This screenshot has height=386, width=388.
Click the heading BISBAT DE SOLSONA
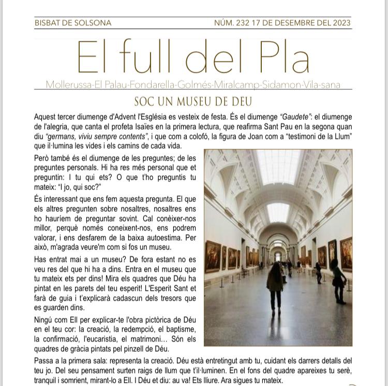coord(73,23)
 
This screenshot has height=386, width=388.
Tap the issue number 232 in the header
coord(243,23)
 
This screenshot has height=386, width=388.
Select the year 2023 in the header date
coord(340,23)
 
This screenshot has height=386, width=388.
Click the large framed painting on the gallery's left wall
coord(213,256)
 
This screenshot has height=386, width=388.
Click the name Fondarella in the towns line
coord(150,85)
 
